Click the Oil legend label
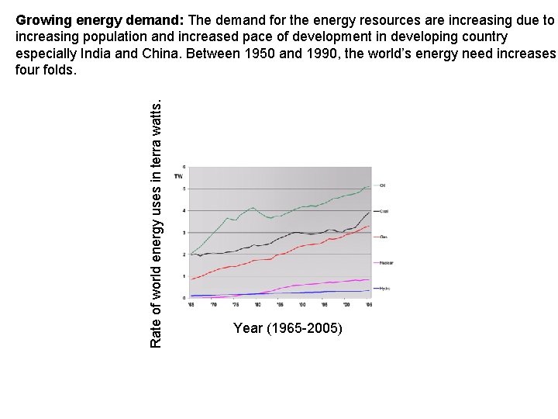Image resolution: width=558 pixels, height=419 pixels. point(383,185)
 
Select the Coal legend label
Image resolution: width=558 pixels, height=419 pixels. point(384,211)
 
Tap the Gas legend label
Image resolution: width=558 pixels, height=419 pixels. point(383,237)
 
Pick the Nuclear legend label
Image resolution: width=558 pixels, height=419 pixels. point(385,263)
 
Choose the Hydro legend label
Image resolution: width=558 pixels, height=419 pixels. point(384,289)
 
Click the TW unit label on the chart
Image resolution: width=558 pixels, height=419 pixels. point(178,176)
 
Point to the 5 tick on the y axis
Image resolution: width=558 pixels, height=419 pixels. point(184,189)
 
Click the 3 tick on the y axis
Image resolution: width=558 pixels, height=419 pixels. point(184,233)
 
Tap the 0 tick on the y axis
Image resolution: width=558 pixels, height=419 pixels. point(184,298)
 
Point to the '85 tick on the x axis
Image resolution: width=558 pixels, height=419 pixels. point(280,305)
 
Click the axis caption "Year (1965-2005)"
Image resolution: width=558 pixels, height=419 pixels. point(288,329)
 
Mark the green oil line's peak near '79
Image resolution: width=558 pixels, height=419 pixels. point(253,207)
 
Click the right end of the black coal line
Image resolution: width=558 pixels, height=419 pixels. point(370,211)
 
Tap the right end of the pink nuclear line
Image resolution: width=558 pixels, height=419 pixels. point(370,279)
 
